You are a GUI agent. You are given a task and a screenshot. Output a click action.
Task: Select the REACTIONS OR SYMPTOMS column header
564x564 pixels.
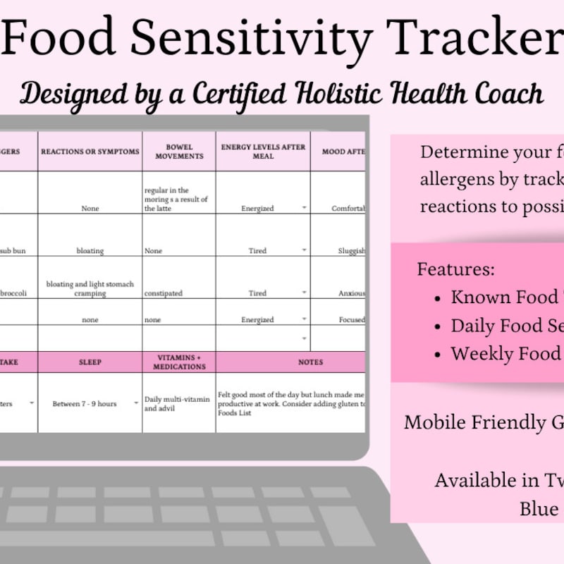tap(90, 152)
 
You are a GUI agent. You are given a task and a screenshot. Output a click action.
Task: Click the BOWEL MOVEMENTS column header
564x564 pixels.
tap(179, 151)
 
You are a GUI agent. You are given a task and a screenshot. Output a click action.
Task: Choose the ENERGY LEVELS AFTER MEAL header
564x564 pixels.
tap(263, 151)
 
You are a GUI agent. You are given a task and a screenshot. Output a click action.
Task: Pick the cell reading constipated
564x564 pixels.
tap(163, 293)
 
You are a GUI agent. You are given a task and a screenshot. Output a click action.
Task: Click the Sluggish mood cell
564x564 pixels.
tap(351, 251)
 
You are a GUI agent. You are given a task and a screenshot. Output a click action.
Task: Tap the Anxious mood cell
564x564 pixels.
tap(351, 293)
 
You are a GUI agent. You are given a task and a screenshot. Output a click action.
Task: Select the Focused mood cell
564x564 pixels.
tap(351, 320)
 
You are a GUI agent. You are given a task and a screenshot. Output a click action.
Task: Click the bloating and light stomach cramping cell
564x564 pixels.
tap(90, 289)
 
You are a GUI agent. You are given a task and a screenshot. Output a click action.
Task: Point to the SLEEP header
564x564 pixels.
tap(90, 362)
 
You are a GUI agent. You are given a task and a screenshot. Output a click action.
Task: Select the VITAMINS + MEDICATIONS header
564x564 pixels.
tap(179, 362)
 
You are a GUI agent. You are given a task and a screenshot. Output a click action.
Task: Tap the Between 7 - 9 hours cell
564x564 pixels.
tap(85, 404)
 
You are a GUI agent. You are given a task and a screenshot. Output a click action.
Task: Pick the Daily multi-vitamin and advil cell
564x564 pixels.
tap(177, 404)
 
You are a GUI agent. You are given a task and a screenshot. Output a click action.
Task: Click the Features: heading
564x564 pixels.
tap(456, 269)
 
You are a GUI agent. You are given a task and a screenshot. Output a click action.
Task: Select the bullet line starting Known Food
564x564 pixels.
tap(504, 298)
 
